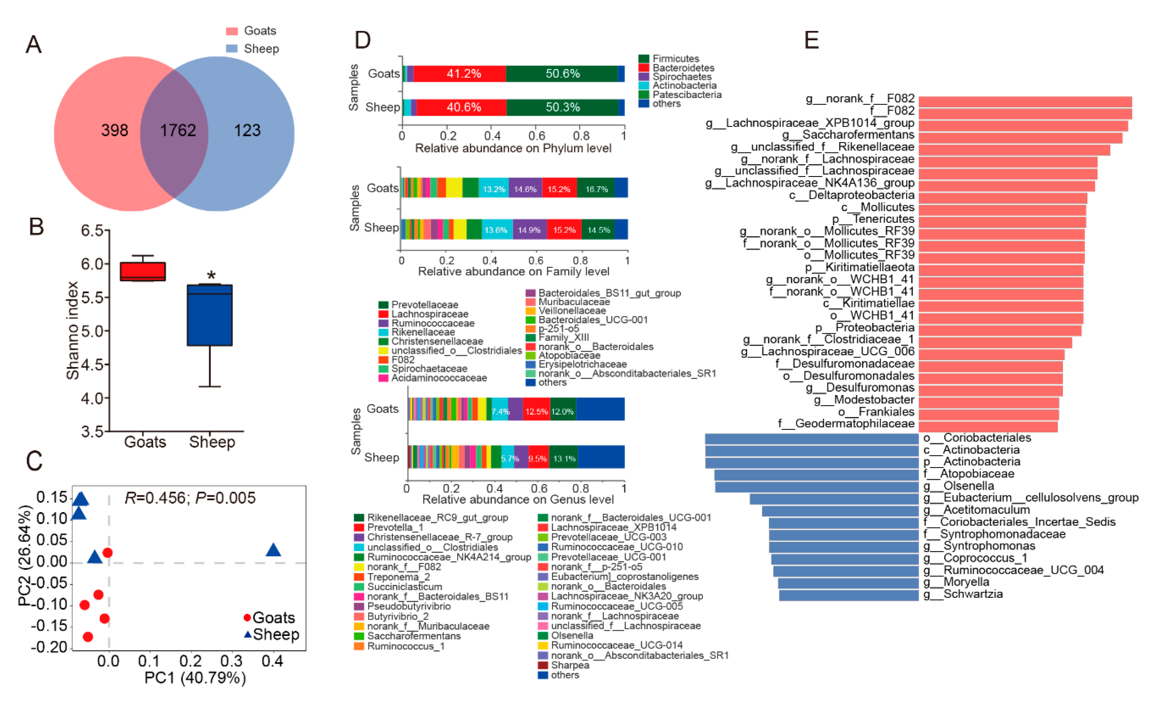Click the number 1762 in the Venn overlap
[x=177, y=130]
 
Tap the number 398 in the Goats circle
[x=115, y=130]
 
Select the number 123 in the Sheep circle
[x=247, y=130]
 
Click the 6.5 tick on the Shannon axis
[x=92, y=231]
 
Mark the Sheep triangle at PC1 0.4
[x=273, y=550]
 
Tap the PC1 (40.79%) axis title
[x=195, y=678]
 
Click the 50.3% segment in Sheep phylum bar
[x=562, y=107]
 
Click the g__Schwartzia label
[x=964, y=594]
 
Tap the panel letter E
[x=811, y=40]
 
